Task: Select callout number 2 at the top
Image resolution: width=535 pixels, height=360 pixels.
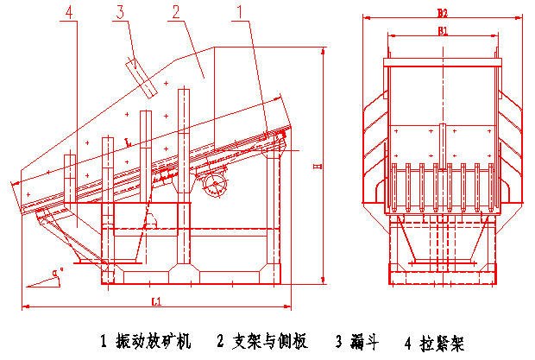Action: click(x=176, y=12)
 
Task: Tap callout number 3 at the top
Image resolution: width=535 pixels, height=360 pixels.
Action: click(x=121, y=11)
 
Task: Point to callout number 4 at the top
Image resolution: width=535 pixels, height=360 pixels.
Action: click(x=69, y=12)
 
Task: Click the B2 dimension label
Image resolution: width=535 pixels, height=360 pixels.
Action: click(x=442, y=12)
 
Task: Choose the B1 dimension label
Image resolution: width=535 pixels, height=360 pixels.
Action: click(x=442, y=31)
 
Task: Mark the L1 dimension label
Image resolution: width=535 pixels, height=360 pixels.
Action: click(x=156, y=301)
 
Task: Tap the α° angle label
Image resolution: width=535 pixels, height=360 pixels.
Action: click(x=58, y=272)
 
